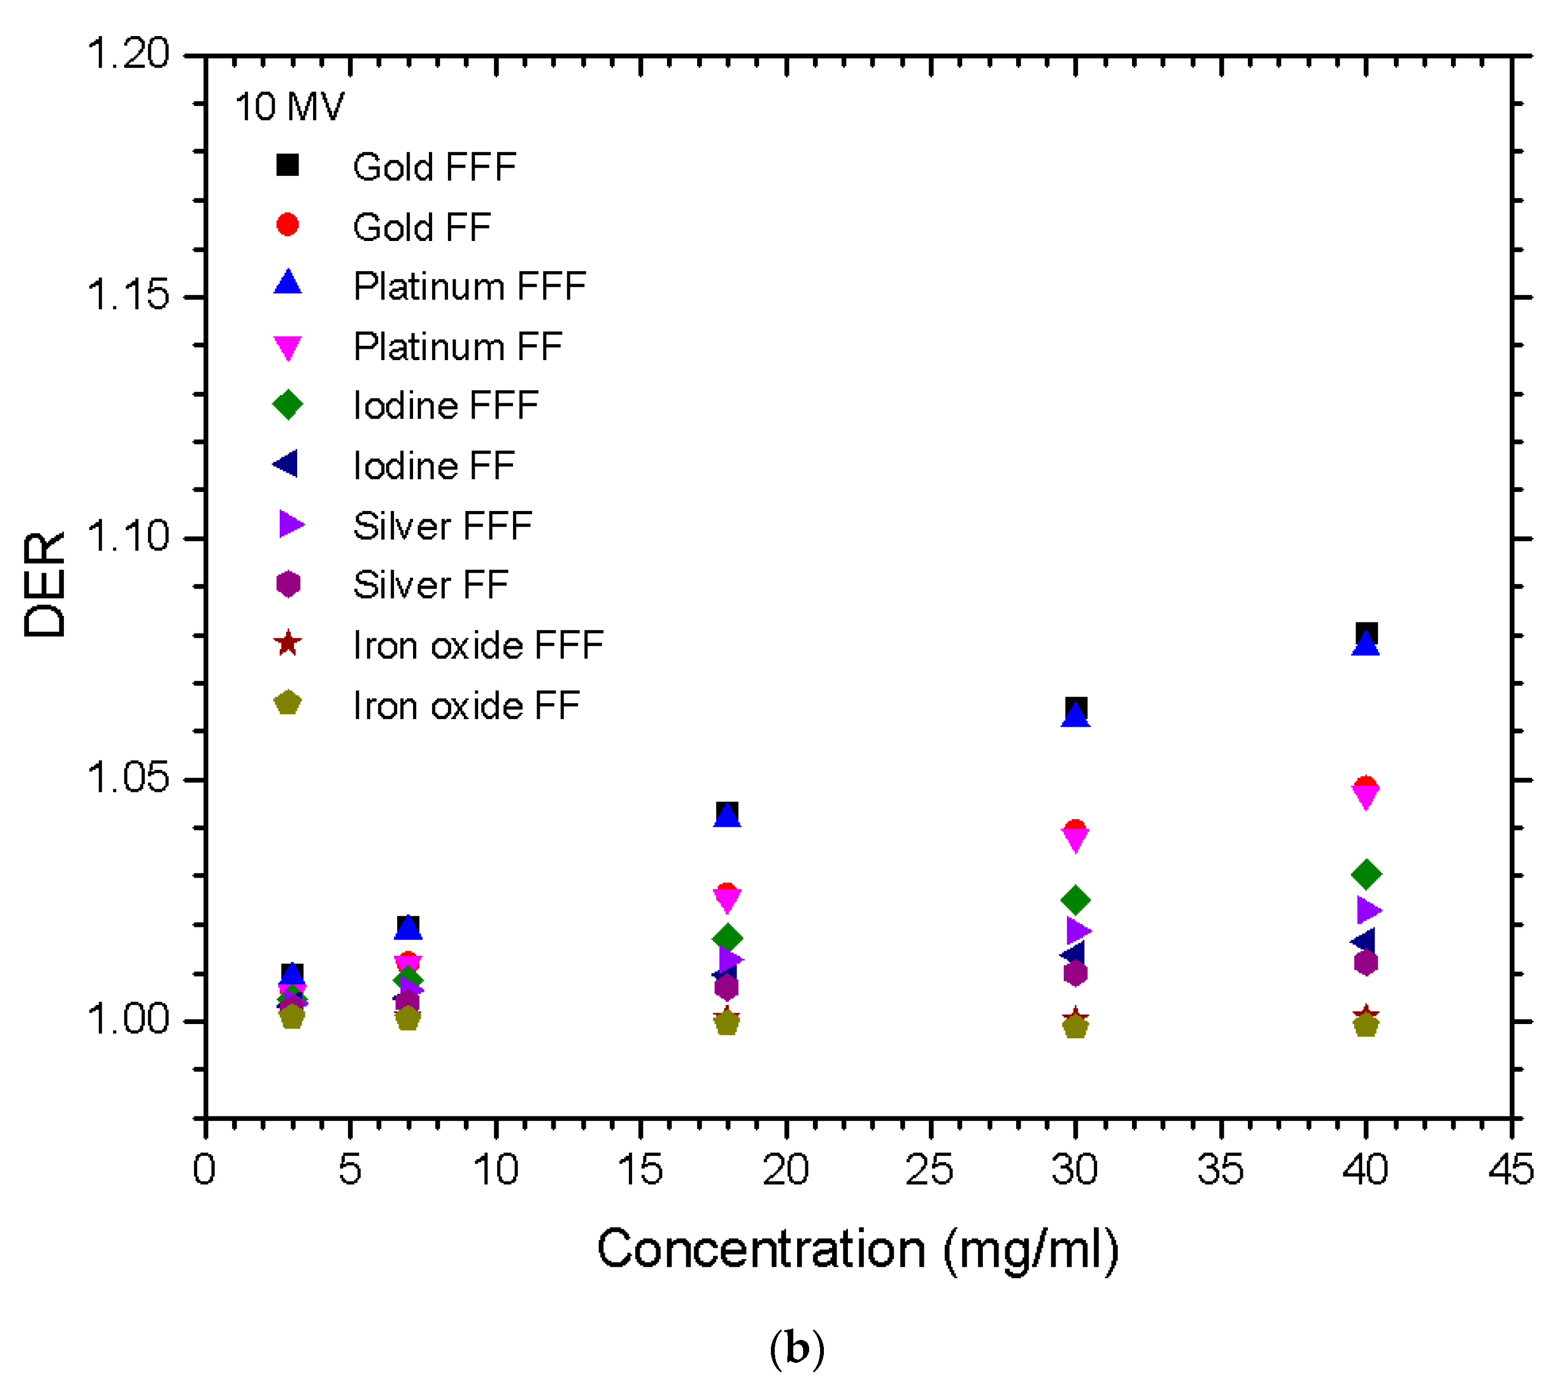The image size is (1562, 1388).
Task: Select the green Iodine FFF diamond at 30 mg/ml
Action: (1076, 899)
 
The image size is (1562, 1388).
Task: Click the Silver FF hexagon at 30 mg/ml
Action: (1076, 974)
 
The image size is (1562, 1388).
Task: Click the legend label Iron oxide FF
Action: (466, 705)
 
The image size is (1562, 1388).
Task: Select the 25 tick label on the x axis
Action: (929, 1169)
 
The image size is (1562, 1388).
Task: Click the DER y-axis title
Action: (44, 585)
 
